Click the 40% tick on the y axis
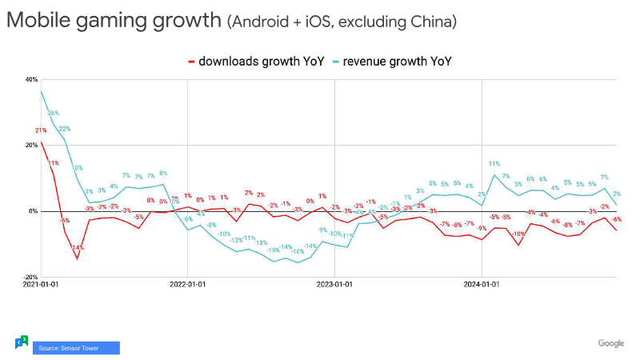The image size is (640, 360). click(32, 79)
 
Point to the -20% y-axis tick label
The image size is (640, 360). click(31, 277)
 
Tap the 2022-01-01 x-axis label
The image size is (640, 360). click(187, 283)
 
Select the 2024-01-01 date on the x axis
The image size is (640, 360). click(482, 283)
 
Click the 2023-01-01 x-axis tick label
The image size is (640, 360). click(334, 283)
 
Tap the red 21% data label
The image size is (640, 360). click(41, 130)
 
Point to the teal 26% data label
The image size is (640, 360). click(54, 114)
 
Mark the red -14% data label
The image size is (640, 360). click(78, 248)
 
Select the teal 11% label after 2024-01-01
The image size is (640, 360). click(494, 164)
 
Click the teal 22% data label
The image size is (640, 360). click(65, 129)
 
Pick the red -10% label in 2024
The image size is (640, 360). click(518, 234)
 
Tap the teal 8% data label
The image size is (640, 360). click(163, 173)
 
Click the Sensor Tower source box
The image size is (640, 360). click(76, 347)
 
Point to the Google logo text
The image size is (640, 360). click(610, 343)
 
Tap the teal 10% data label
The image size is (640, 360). click(78, 168)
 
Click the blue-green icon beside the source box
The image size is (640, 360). click(22, 342)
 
